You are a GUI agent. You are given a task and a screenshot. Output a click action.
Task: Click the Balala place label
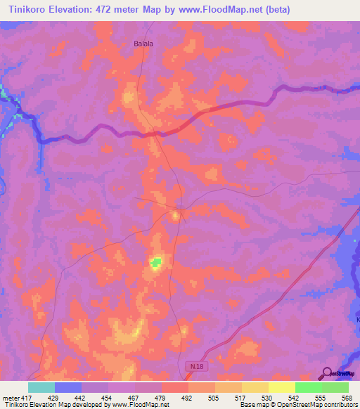pyautogui.click(x=143, y=43)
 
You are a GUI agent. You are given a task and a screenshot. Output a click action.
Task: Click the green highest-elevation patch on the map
pyautogui.click(x=155, y=263)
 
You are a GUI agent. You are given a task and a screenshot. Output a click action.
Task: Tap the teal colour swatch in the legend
pyautogui.click(x=41, y=387)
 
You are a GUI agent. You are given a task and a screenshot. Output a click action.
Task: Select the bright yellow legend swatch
pyautogui.click(x=282, y=387)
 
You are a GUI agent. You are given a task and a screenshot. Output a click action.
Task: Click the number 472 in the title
pyautogui.click(x=105, y=10)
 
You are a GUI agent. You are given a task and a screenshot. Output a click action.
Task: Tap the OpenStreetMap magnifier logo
pyautogui.click(x=328, y=373)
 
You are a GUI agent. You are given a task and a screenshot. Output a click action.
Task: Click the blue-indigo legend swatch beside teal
pyautogui.click(x=68, y=387)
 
